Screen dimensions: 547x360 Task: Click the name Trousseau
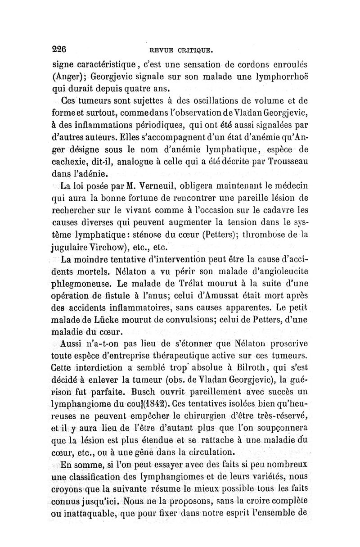(x=282, y=160)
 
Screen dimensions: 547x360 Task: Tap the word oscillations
(x=212, y=99)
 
